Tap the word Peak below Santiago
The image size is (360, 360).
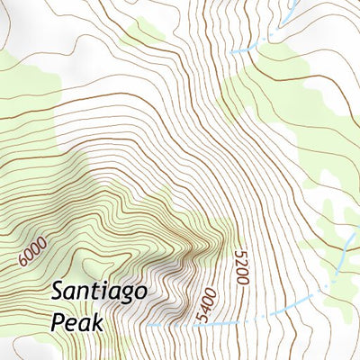77,321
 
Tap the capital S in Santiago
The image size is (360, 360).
57,292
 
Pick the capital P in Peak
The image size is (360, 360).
57,321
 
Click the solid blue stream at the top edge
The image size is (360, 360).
291,11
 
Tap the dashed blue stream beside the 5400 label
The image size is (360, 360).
252,319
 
